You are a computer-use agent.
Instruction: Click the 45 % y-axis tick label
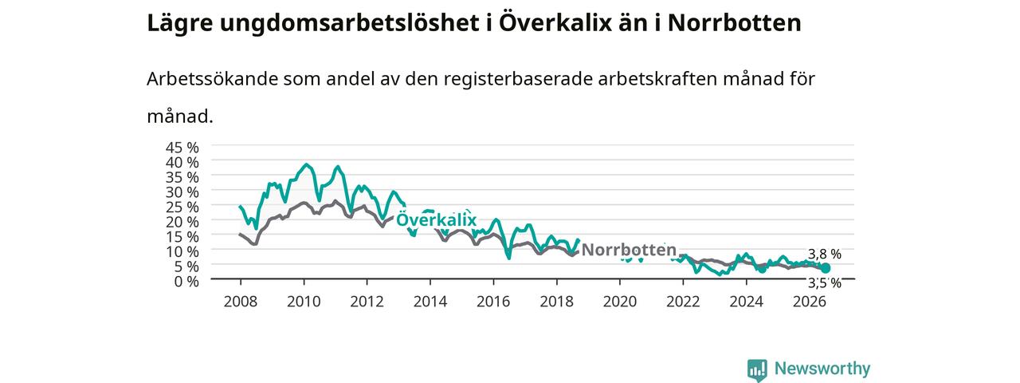tap(182, 148)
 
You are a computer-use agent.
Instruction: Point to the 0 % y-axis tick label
tap(186, 281)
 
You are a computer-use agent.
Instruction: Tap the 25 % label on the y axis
tap(182, 207)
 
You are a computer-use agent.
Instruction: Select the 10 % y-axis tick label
tap(182, 251)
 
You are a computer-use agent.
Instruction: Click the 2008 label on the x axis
tap(241, 302)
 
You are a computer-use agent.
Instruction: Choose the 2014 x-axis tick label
tap(430, 302)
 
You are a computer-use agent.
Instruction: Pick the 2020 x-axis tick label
tap(620, 302)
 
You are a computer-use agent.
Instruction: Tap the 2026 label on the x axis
tap(809, 302)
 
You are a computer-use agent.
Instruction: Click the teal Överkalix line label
tap(436, 219)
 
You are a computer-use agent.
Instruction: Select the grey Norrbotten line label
tap(629, 250)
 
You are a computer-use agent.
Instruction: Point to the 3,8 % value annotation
tap(824, 254)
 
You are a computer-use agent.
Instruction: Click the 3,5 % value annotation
tap(824, 283)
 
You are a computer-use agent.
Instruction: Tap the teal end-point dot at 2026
tap(826, 268)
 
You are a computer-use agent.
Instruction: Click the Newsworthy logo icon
tap(757, 369)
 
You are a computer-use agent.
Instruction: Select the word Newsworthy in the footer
tap(822, 368)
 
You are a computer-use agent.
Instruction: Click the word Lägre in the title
tap(180, 24)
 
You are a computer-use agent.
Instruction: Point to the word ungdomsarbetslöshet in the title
tap(350, 23)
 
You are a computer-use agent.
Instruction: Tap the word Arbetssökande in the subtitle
tap(212, 79)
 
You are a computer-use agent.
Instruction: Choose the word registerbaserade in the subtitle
tap(518, 80)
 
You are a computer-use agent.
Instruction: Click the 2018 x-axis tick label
tap(556, 302)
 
